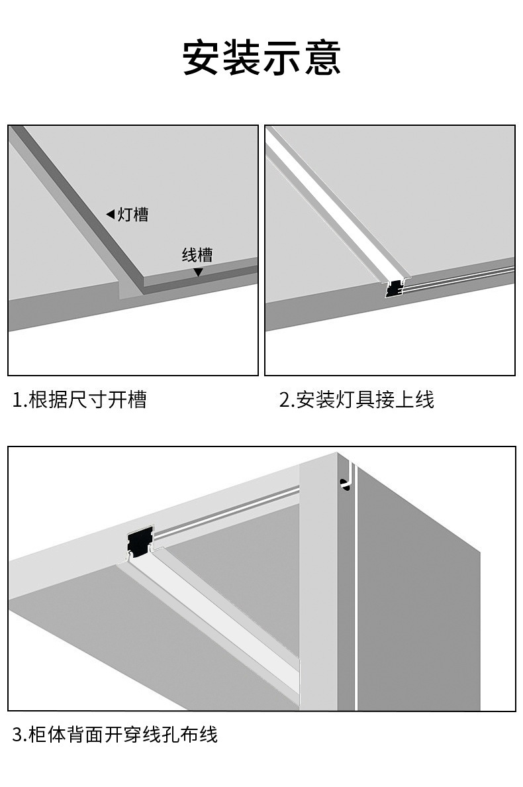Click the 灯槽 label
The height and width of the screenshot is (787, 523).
point(133,215)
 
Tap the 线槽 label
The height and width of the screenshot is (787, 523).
point(197,255)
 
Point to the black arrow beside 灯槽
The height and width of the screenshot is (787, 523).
point(111,215)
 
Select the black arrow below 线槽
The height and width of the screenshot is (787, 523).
point(199,272)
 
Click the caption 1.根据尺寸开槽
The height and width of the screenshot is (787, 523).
point(79,400)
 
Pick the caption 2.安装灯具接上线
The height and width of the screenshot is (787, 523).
point(357,400)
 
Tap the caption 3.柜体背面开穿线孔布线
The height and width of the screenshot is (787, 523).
point(115,735)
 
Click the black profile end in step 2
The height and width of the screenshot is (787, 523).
point(394,289)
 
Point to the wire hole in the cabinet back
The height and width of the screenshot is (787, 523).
point(345,484)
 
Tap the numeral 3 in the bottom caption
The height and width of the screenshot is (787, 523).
point(18,735)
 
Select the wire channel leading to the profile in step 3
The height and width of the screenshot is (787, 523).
point(226,514)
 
